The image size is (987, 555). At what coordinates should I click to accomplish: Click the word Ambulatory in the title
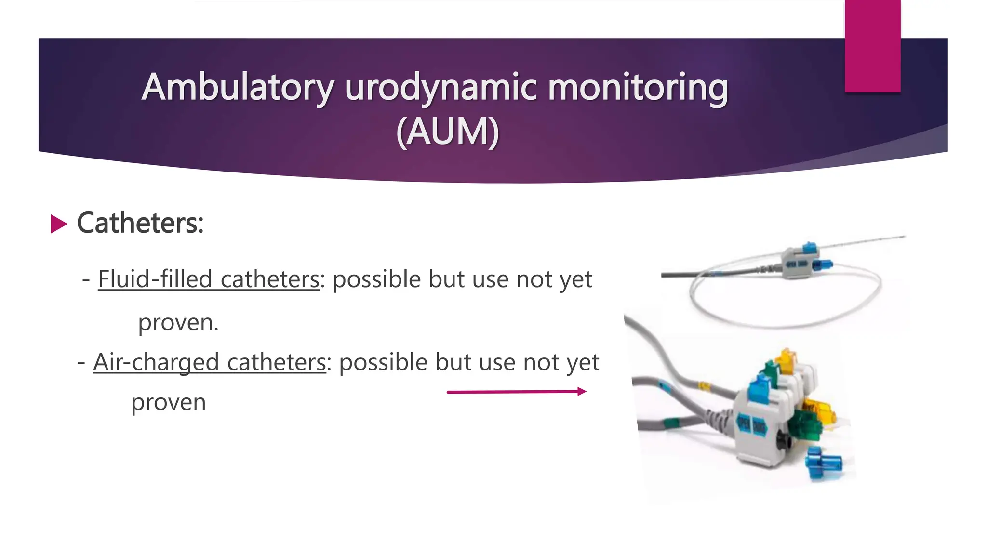tap(238, 88)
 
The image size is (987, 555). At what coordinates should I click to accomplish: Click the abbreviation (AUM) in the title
tap(447, 132)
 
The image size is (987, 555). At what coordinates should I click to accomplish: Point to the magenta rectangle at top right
tap(872, 46)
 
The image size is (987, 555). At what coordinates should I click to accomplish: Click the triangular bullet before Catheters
tap(59, 224)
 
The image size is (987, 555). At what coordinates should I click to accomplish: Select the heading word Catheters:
tap(140, 223)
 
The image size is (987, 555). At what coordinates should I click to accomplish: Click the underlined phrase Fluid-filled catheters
tap(209, 279)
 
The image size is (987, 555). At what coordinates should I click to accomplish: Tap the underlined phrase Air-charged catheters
tap(210, 362)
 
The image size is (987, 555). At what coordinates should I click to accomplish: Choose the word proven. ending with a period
tap(178, 323)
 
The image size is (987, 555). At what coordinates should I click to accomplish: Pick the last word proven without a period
tap(169, 402)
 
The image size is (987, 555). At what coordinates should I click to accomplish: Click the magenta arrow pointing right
tap(516, 392)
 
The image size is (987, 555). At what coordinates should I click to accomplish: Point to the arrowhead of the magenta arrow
tap(582, 391)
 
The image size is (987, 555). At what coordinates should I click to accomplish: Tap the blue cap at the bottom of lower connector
tap(825, 463)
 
